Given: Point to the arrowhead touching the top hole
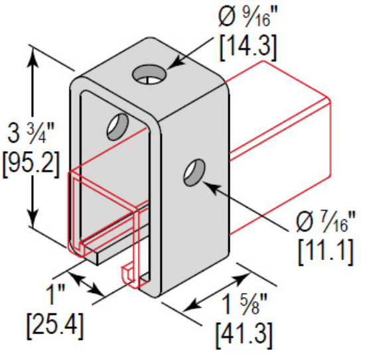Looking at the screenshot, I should pyautogui.click(x=171, y=66).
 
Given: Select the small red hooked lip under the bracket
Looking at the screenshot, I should pyautogui.click(x=129, y=272).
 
